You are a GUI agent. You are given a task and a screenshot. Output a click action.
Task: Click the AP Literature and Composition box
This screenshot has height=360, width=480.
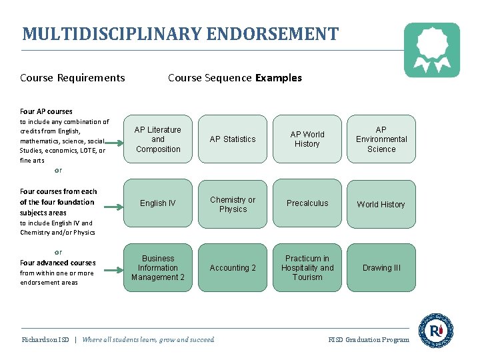click(158, 139)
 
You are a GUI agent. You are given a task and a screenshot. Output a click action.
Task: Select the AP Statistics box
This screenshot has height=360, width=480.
click(233, 139)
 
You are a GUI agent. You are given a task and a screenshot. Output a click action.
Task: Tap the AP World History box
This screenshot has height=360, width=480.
click(307, 139)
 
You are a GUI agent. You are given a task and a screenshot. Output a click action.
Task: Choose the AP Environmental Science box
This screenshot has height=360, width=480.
click(381, 139)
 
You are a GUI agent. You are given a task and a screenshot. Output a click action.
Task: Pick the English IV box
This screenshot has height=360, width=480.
click(158, 203)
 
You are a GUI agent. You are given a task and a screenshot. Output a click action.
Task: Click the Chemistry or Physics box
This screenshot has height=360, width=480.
click(233, 204)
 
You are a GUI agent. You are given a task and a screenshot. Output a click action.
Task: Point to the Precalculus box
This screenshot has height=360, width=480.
click(307, 203)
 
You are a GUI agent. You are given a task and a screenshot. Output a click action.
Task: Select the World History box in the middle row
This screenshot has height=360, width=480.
click(381, 204)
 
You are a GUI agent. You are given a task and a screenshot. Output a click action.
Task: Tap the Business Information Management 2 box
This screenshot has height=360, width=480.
click(158, 267)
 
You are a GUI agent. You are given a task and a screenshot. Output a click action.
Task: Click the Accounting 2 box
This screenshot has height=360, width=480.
click(233, 267)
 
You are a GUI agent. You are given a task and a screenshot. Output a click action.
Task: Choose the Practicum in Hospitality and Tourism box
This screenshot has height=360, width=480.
click(307, 267)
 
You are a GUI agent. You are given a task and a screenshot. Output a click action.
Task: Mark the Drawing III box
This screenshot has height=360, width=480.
click(381, 267)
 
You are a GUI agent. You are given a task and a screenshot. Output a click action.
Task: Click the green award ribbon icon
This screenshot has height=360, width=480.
click(432, 49)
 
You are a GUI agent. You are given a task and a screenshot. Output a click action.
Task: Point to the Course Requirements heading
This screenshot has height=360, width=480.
click(73, 78)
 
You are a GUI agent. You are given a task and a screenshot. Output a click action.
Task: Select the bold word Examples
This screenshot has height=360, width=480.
click(279, 78)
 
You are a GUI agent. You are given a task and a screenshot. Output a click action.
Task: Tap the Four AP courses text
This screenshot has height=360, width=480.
click(46, 111)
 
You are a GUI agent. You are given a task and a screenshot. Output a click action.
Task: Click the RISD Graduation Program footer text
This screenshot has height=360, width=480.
click(369, 340)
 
